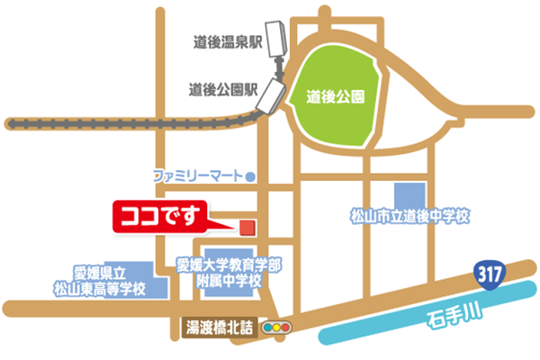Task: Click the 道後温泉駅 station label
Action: tap(228, 40)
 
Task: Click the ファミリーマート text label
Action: tap(199, 174)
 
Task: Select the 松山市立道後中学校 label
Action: tap(410, 217)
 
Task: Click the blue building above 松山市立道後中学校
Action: tap(409, 194)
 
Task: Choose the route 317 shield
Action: tap(490, 273)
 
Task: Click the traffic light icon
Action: tap(278, 328)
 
